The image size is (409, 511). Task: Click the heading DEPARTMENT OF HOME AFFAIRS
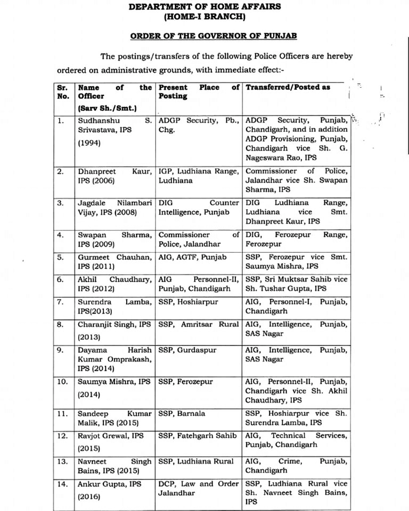pyautogui.click(x=205, y=6)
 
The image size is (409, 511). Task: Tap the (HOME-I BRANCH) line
pyautogui.click(x=205, y=17)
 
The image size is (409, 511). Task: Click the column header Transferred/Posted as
pyautogui.click(x=288, y=87)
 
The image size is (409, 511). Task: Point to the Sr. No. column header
pyautogui.click(x=63, y=92)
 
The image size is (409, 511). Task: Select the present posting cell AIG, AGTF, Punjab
pyautogui.click(x=192, y=257)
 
